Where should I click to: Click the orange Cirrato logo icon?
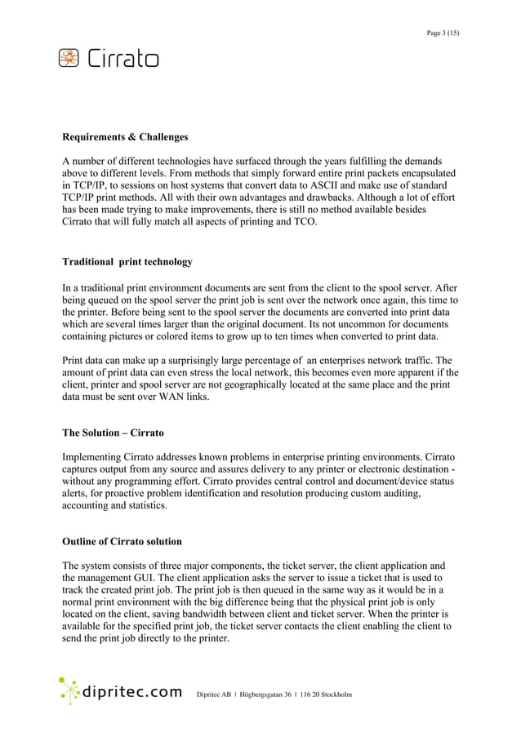pyautogui.click(x=69, y=58)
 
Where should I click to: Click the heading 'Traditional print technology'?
pyautogui.click(x=127, y=262)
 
